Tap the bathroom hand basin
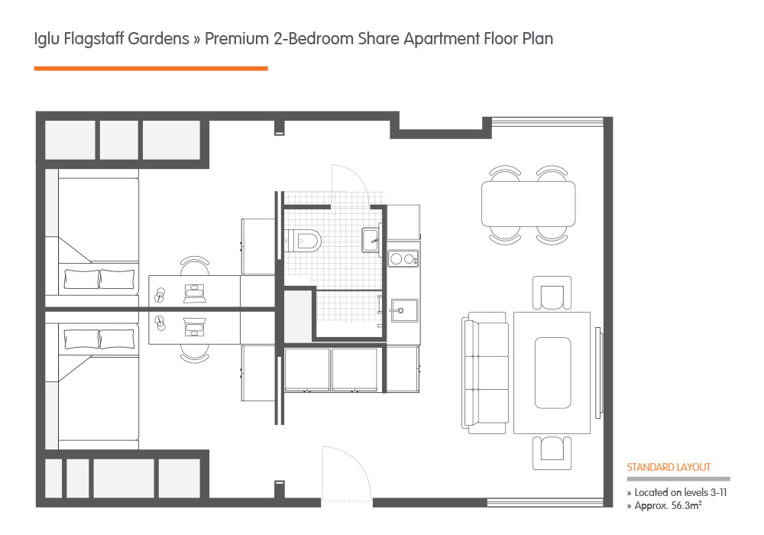370,240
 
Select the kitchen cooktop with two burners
403,258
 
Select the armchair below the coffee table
552,452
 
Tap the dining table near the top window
528,203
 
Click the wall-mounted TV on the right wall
600,373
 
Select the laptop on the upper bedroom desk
195,291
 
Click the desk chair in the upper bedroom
195,267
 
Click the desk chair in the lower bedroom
195,352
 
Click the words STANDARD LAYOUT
668,467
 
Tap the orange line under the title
151,69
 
